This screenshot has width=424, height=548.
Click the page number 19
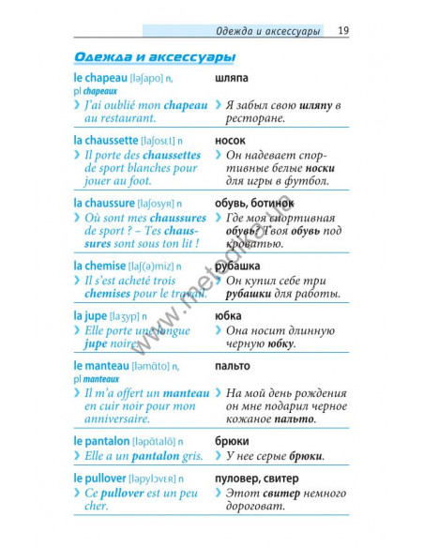coord(343,31)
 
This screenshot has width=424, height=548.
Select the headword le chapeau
coord(103,79)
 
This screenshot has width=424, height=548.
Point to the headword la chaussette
coord(109,141)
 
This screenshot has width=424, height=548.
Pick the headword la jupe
coord(90,315)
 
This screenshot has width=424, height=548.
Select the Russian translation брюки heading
coord(231,440)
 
